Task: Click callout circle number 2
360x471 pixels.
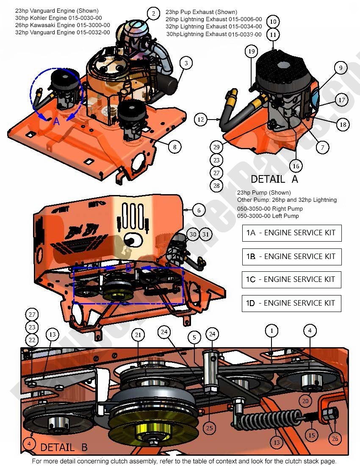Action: click(x=153, y=14)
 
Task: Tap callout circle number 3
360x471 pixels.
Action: click(x=186, y=63)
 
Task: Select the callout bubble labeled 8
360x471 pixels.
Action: click(x=174, y=147)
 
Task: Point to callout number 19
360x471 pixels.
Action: click(x=252, y=51)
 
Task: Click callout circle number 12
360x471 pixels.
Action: click(x=201, y=120)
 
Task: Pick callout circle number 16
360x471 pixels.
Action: click(x=296, y=166)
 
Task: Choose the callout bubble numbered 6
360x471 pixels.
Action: click(x=199, y=209)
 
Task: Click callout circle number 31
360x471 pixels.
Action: click(x=206, y=234)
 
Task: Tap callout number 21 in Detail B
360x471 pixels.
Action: click(x=138, y=335)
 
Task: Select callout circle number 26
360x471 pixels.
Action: click(x=335, y=438)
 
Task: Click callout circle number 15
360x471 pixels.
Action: click(x=312, y=435)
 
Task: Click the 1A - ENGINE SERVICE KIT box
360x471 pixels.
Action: click(x=291, y=233)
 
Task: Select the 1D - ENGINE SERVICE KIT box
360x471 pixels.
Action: click(x=291, y=303)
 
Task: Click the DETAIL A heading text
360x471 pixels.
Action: click(x=274, y=179)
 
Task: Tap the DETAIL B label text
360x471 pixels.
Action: click(x=64, y=447)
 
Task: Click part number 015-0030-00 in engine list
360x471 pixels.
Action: click(x=89, y=17)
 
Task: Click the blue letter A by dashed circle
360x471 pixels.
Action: click(x=56, y=121)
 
